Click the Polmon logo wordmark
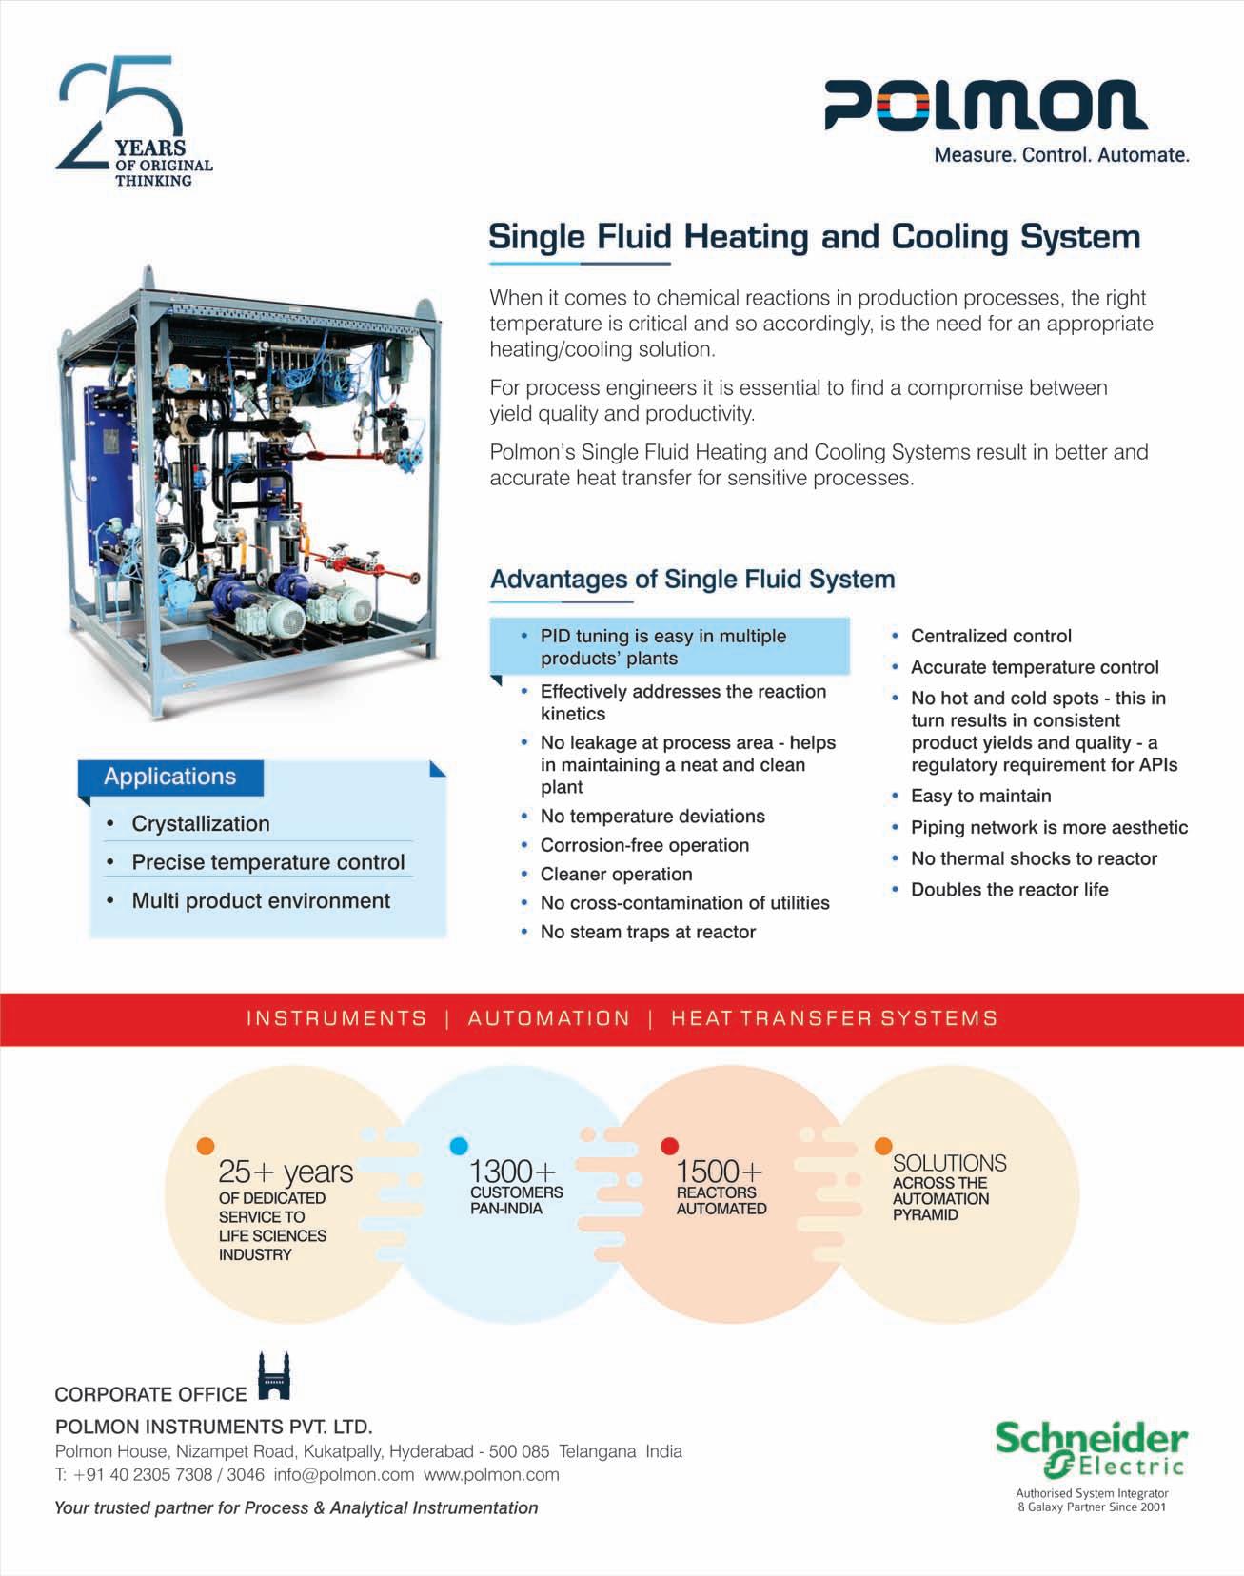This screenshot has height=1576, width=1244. pos(985,105)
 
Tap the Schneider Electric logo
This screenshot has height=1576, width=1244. pos(1091,1449)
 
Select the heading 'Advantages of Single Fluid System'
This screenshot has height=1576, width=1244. pos(692,580)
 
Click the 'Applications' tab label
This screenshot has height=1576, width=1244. pos(169,777)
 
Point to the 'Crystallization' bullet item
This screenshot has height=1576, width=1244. pos(201,824)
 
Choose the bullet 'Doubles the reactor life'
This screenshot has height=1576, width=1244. pos(1009,890)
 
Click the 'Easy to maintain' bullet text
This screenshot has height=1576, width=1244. pos(980,797)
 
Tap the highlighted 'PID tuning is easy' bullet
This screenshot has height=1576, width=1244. pos(662,647)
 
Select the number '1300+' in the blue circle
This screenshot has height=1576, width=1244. pos(512,1171)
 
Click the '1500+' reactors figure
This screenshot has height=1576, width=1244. pos(719,1171)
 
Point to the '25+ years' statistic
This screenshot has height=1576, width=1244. pos(286,1172)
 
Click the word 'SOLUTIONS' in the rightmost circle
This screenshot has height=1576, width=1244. pos(949,1163)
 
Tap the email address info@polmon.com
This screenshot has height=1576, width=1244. pos(344,1475)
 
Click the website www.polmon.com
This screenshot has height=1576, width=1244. pos(491,1475)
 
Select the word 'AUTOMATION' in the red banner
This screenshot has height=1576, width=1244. pos(549,1018)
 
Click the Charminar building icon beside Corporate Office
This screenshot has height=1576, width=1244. pos(274,1377)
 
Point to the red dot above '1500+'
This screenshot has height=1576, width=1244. pos(669,1145)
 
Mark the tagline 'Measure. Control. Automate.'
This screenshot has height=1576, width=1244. pos(1061,155)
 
